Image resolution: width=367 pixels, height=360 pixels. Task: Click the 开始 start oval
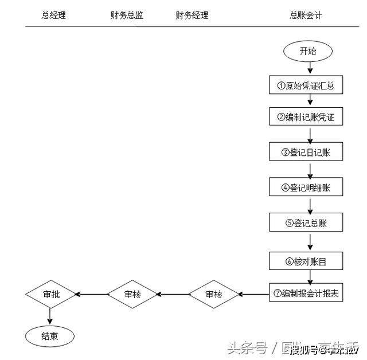coord(307,51)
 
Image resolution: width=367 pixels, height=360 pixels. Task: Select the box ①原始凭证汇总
coord(306,86)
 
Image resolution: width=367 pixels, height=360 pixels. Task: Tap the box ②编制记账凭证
coord(306,118)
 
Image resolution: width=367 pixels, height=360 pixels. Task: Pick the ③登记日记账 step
coord(306,152)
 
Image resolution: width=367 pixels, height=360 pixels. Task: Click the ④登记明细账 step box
coord(306,187)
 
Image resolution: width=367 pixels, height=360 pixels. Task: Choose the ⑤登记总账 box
coord(306,222)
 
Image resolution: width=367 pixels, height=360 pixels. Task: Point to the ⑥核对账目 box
coord(306,262)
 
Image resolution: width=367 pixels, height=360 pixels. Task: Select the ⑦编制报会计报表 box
coord(306,294)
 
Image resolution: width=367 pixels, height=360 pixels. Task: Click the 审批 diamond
coord(51,295)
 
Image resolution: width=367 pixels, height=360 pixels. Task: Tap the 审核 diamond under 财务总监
coord(132,295)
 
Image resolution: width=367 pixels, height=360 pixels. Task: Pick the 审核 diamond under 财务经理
coord(214,295)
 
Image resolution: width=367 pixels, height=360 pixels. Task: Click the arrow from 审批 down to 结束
coord(50,316)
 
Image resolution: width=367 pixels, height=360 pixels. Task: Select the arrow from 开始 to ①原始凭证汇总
coord(310,68)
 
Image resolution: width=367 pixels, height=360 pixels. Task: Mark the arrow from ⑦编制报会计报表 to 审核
coord(255,295)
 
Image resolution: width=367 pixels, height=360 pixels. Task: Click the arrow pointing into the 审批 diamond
coord(92,295)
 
